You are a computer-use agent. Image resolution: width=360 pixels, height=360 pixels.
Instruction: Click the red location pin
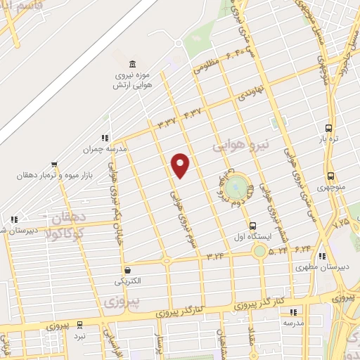pyautogui.click(x=181, y=165)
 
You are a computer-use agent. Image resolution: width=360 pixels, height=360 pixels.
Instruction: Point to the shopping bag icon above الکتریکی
pyautogui.click(x=127, y=270)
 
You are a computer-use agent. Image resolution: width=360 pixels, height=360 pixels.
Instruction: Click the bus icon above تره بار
pyautogui.click(x=328, y=129)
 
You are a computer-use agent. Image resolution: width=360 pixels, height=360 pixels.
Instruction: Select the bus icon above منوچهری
pyautogui.click(x=330, y=176)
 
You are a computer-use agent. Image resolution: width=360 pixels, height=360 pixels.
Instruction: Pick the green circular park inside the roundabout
pyautogui.click(x=237, y=187)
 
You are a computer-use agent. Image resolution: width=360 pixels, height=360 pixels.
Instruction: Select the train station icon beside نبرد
pyautogui.click(x=80, y=325)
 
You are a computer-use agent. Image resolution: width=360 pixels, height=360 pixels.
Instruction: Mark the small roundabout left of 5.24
pyautogui.click(x=260, y=250)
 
